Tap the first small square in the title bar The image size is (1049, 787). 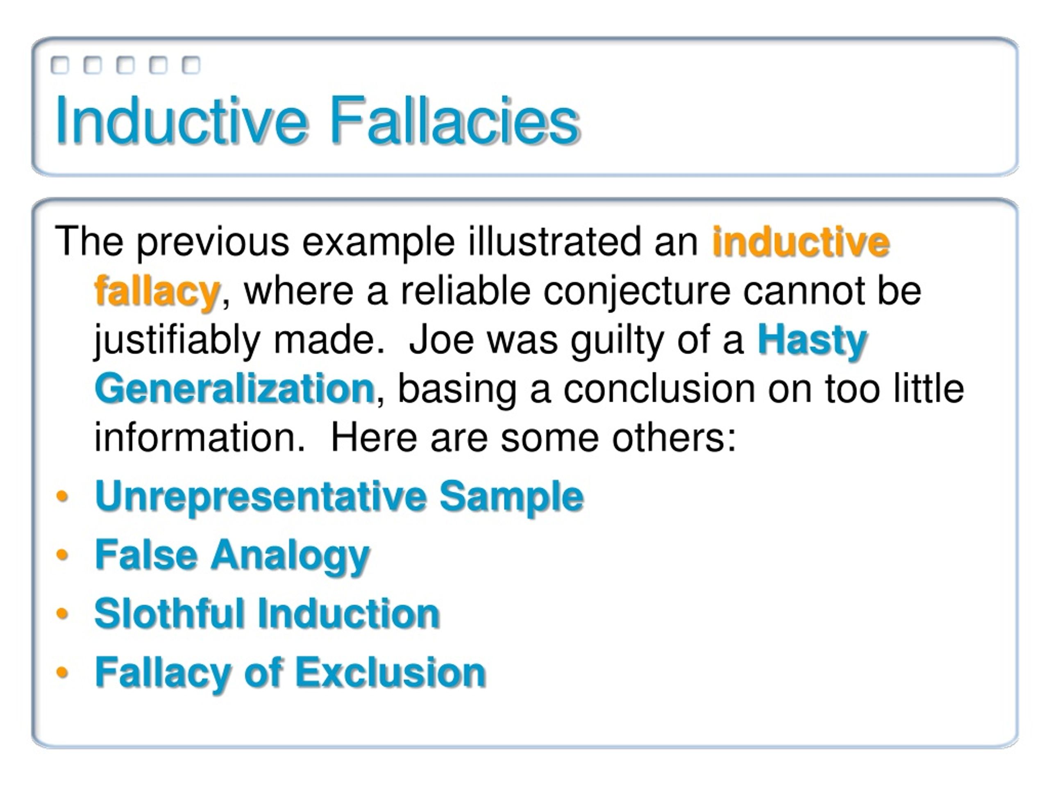[x=60, y=65]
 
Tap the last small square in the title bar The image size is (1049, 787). [x=191, y=65]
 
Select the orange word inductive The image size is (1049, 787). [x=801, y=242]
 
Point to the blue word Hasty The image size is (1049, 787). [x=812, y=340]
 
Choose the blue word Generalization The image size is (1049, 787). [x=235, y=389]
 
